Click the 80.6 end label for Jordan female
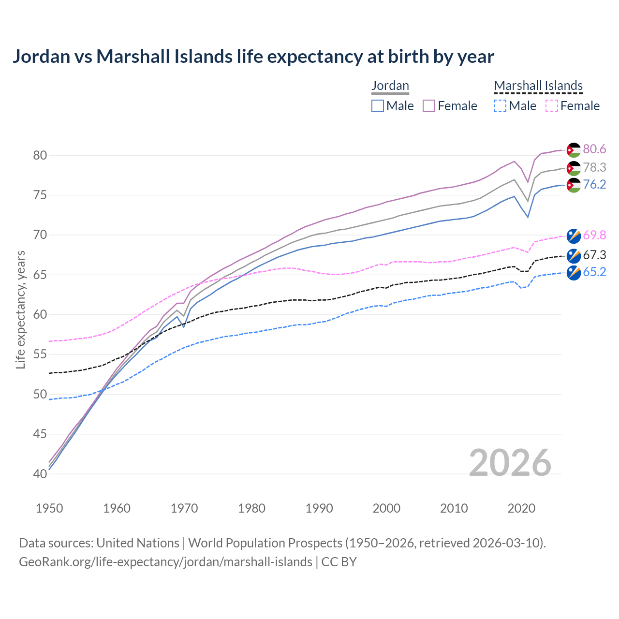coord(594,149)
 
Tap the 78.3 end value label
coord(594,167)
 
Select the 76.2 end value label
coord(594,185)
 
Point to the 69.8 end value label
coord(594,236)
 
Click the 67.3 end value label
coord(594,255)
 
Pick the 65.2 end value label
coord(594,272)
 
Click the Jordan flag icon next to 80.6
coord(574,150)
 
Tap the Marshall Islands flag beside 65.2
coord(574,273)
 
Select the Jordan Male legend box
coord(378,106)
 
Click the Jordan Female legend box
coord(429,106)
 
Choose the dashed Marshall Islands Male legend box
coord(500,106)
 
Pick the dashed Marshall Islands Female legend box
coord(552,106)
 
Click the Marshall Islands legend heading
coord(538,86)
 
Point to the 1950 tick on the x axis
coord(49,508)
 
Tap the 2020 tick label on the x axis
coord(521,508)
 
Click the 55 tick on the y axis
coord(40,354)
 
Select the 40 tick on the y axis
coord(40,474)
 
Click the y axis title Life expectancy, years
coord(20,309)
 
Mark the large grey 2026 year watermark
coord(510,463)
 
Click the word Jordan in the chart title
coord(42,57)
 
